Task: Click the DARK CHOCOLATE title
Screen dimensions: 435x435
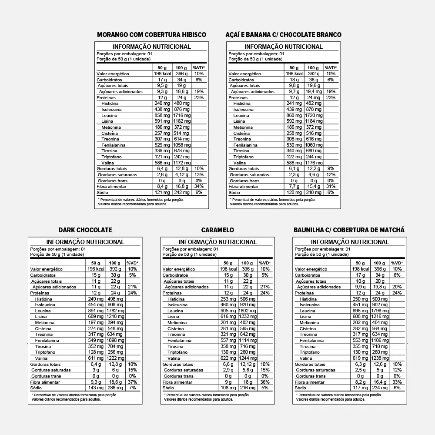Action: (85, 230)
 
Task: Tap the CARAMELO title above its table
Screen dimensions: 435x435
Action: (217, 230)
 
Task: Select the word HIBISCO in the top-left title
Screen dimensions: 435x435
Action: (192, 35)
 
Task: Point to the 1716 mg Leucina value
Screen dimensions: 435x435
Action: (182, 115)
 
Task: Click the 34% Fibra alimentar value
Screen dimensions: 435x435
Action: (199, 186)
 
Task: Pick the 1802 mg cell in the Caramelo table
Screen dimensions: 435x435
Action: (247, 311)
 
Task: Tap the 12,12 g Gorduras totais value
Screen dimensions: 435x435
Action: (247, 364)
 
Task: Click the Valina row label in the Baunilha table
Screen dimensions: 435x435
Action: (306, 358)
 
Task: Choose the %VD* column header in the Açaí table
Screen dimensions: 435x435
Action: (331, 68)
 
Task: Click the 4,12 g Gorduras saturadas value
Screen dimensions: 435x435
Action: (182, 174)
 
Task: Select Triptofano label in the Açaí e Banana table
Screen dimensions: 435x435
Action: (243, 157)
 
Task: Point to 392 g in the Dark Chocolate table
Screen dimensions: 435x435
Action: (115, 269)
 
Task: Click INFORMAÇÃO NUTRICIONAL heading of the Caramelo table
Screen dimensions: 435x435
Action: (217, 242)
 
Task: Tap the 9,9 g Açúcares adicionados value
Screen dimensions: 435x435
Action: (360, 287)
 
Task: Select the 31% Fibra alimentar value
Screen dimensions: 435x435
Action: (331, 186)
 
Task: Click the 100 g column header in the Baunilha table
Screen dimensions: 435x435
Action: (379, 263)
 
